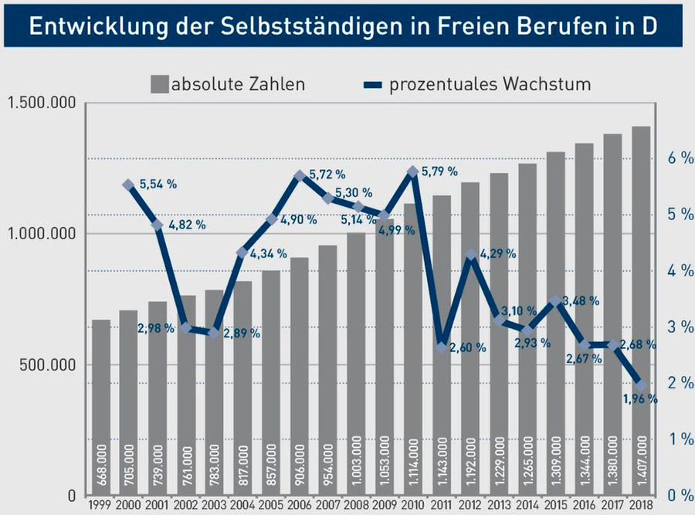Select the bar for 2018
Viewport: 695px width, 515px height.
point(641,309)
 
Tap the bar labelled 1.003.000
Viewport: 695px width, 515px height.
point(356,363)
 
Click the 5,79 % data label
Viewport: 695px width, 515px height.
point(441,171)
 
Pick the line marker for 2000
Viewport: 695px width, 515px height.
point(129,185)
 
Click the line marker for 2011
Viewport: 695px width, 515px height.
point(442,347)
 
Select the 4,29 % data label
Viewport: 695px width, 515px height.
point(498,253)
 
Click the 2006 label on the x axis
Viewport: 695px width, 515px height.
point(300,506)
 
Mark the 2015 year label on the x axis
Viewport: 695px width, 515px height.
point(555,506)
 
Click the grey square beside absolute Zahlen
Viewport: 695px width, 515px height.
point(161,83)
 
